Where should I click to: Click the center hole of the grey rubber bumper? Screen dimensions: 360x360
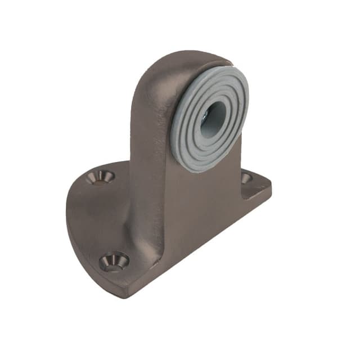click(209, 119)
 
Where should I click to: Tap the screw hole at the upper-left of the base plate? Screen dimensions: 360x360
click(101, 177)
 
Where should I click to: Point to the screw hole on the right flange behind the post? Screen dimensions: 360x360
click(246, 178)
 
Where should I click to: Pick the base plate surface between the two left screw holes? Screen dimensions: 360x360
click(101, 219)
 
